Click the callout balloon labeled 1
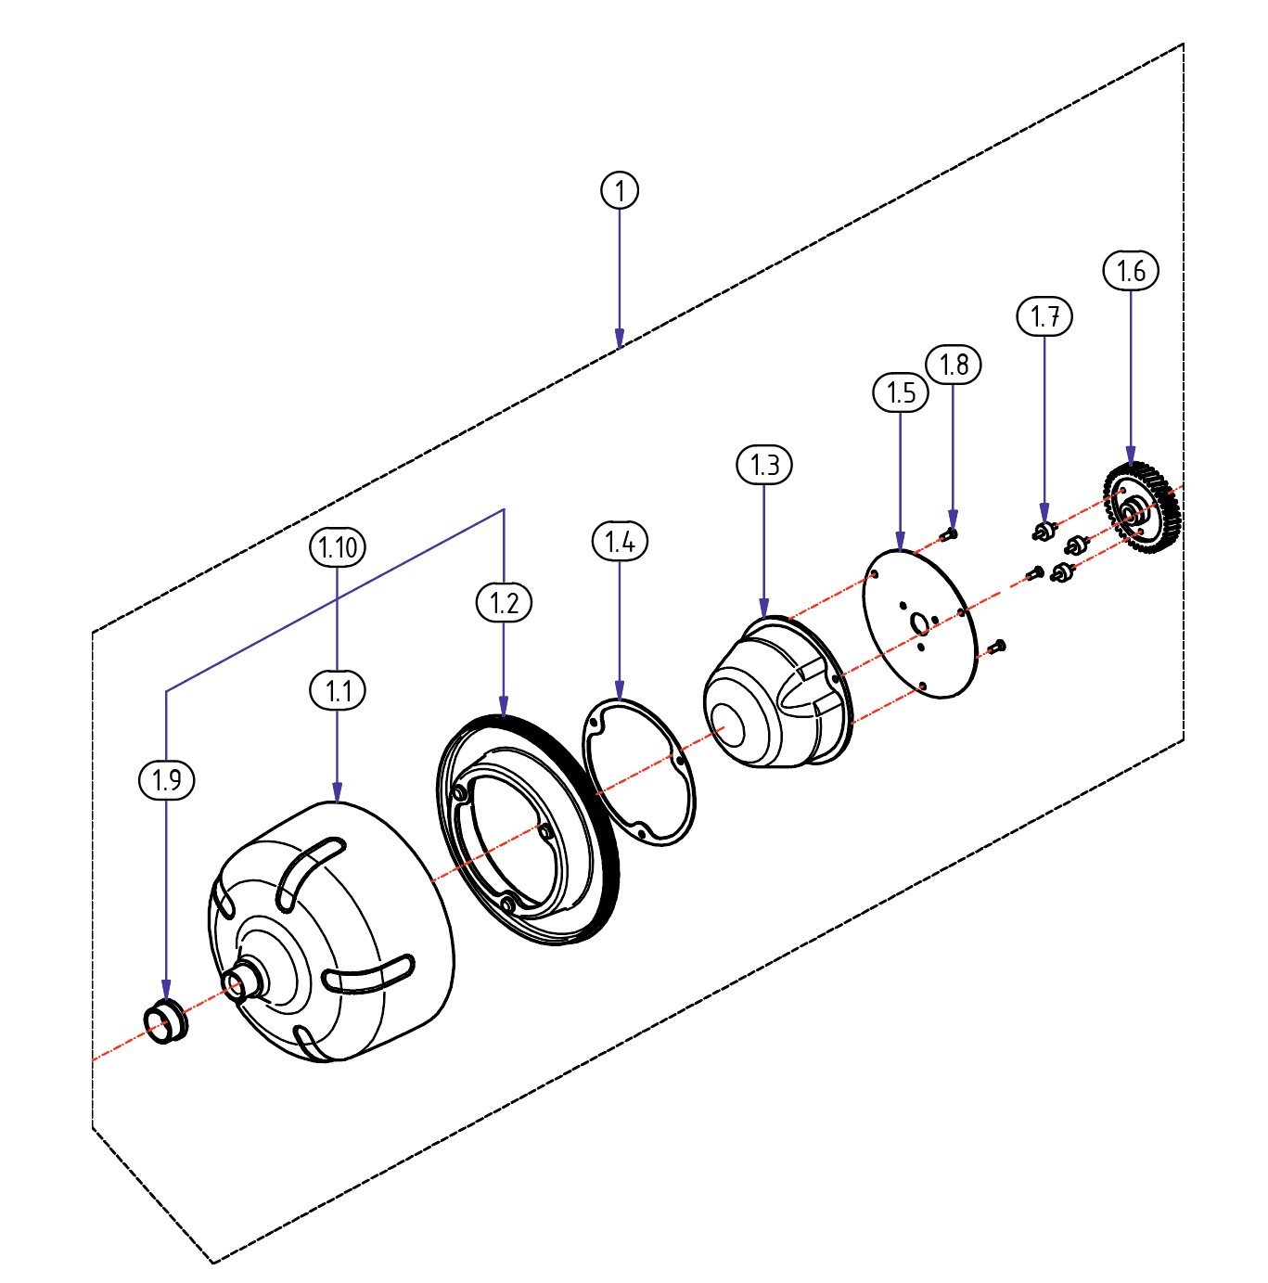pos(620,190)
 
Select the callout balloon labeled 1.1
pos(338,690)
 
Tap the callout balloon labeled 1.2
pos(504,603)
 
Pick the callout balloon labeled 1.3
pos(764,464)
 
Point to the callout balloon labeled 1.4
pos(620,541)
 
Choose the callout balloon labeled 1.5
pos(901,392)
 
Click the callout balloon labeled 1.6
pos(1131,271)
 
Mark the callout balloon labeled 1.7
pos(1044,316)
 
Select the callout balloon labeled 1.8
pos(954,364)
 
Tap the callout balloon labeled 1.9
pos(167,779)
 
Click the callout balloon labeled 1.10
pos(338,547)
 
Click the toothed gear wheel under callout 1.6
pos(1141,508)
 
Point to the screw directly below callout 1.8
pos(950,534)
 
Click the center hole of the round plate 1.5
pos(919,623)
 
